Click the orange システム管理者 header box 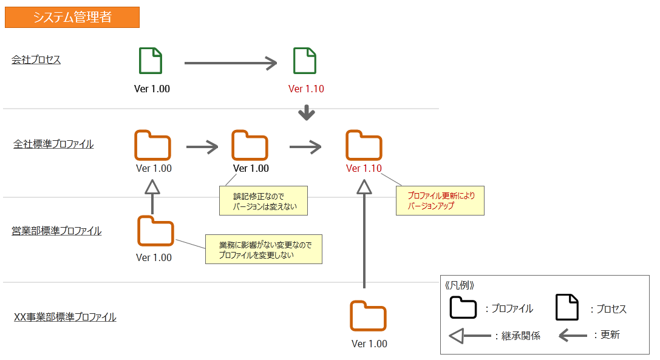coord(72,18)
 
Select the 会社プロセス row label coord(36,59)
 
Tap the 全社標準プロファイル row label coord(53,144)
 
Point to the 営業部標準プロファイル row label coord(56,231)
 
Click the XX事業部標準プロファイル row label coord(65,317)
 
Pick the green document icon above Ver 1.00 coord(151,61)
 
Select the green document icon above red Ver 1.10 coord(305,61)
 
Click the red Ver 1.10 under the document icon coord(306,89)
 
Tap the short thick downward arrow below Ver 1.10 coord(307,112)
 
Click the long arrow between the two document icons coord(231,63)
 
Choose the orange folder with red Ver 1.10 coord(364,146)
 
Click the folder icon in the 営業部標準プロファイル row coord(155,231)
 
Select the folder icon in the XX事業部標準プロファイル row coord(368,316)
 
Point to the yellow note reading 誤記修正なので coord(263,201)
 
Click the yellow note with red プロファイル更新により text coord(440,201)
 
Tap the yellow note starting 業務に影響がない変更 coord(264,250)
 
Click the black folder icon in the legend coord(463,308)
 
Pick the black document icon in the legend coord(567,307)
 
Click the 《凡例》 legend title coord(460,285)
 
